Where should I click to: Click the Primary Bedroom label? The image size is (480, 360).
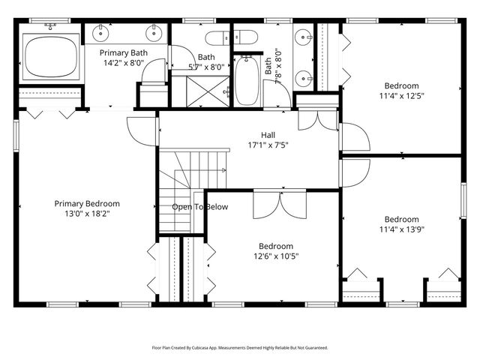(87, 203)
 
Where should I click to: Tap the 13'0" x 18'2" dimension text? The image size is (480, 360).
(87, 213)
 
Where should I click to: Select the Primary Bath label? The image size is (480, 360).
(124, 53)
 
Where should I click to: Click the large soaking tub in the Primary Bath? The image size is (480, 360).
(51, 57)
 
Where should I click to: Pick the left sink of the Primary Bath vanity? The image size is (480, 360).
(100, 33)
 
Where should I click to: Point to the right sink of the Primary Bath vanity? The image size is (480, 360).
(154, 33)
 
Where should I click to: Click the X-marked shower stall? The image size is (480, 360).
(208, 91)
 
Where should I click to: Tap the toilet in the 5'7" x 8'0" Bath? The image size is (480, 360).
(217, 38)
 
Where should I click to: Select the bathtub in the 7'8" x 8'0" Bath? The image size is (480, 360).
(247, 81)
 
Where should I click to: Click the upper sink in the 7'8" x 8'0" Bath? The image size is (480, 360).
(303, 37)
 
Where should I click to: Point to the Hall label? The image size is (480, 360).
(268, 135)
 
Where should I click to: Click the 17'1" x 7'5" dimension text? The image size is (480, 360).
(268, 145)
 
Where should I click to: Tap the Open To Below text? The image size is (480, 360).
(200, 207)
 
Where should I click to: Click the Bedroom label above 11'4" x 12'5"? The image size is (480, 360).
(402, 85)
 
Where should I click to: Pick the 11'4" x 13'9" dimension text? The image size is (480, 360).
(402, 229)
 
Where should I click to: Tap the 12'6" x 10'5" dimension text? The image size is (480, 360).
(276, 256)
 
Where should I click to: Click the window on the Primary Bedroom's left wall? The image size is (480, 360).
(16, 136)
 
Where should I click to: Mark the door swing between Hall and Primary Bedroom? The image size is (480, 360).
(142, 132)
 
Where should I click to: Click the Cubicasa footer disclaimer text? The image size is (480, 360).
(240, 348)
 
